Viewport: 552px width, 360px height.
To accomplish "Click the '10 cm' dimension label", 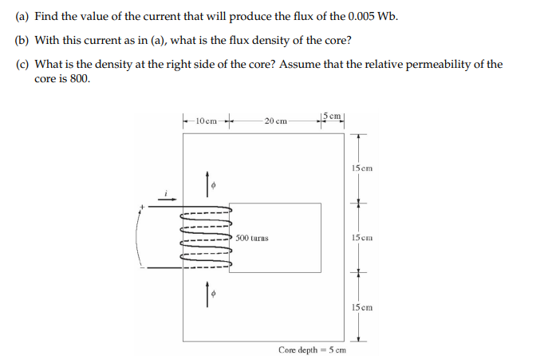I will [x=206, y=120].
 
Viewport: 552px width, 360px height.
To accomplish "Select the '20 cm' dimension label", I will [x=275, y=120].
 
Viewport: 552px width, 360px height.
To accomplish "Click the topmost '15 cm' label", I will [x=361, y=168].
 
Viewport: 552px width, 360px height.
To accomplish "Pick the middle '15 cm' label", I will [x=361, y=237].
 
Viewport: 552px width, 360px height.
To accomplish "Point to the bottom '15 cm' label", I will [x=361, y=307].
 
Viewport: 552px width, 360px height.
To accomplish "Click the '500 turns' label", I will [x=252, y=238].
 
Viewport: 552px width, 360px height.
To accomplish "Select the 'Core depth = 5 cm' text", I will [x=312, y=350].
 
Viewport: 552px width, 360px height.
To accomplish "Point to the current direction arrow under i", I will [x=166, y=201].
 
